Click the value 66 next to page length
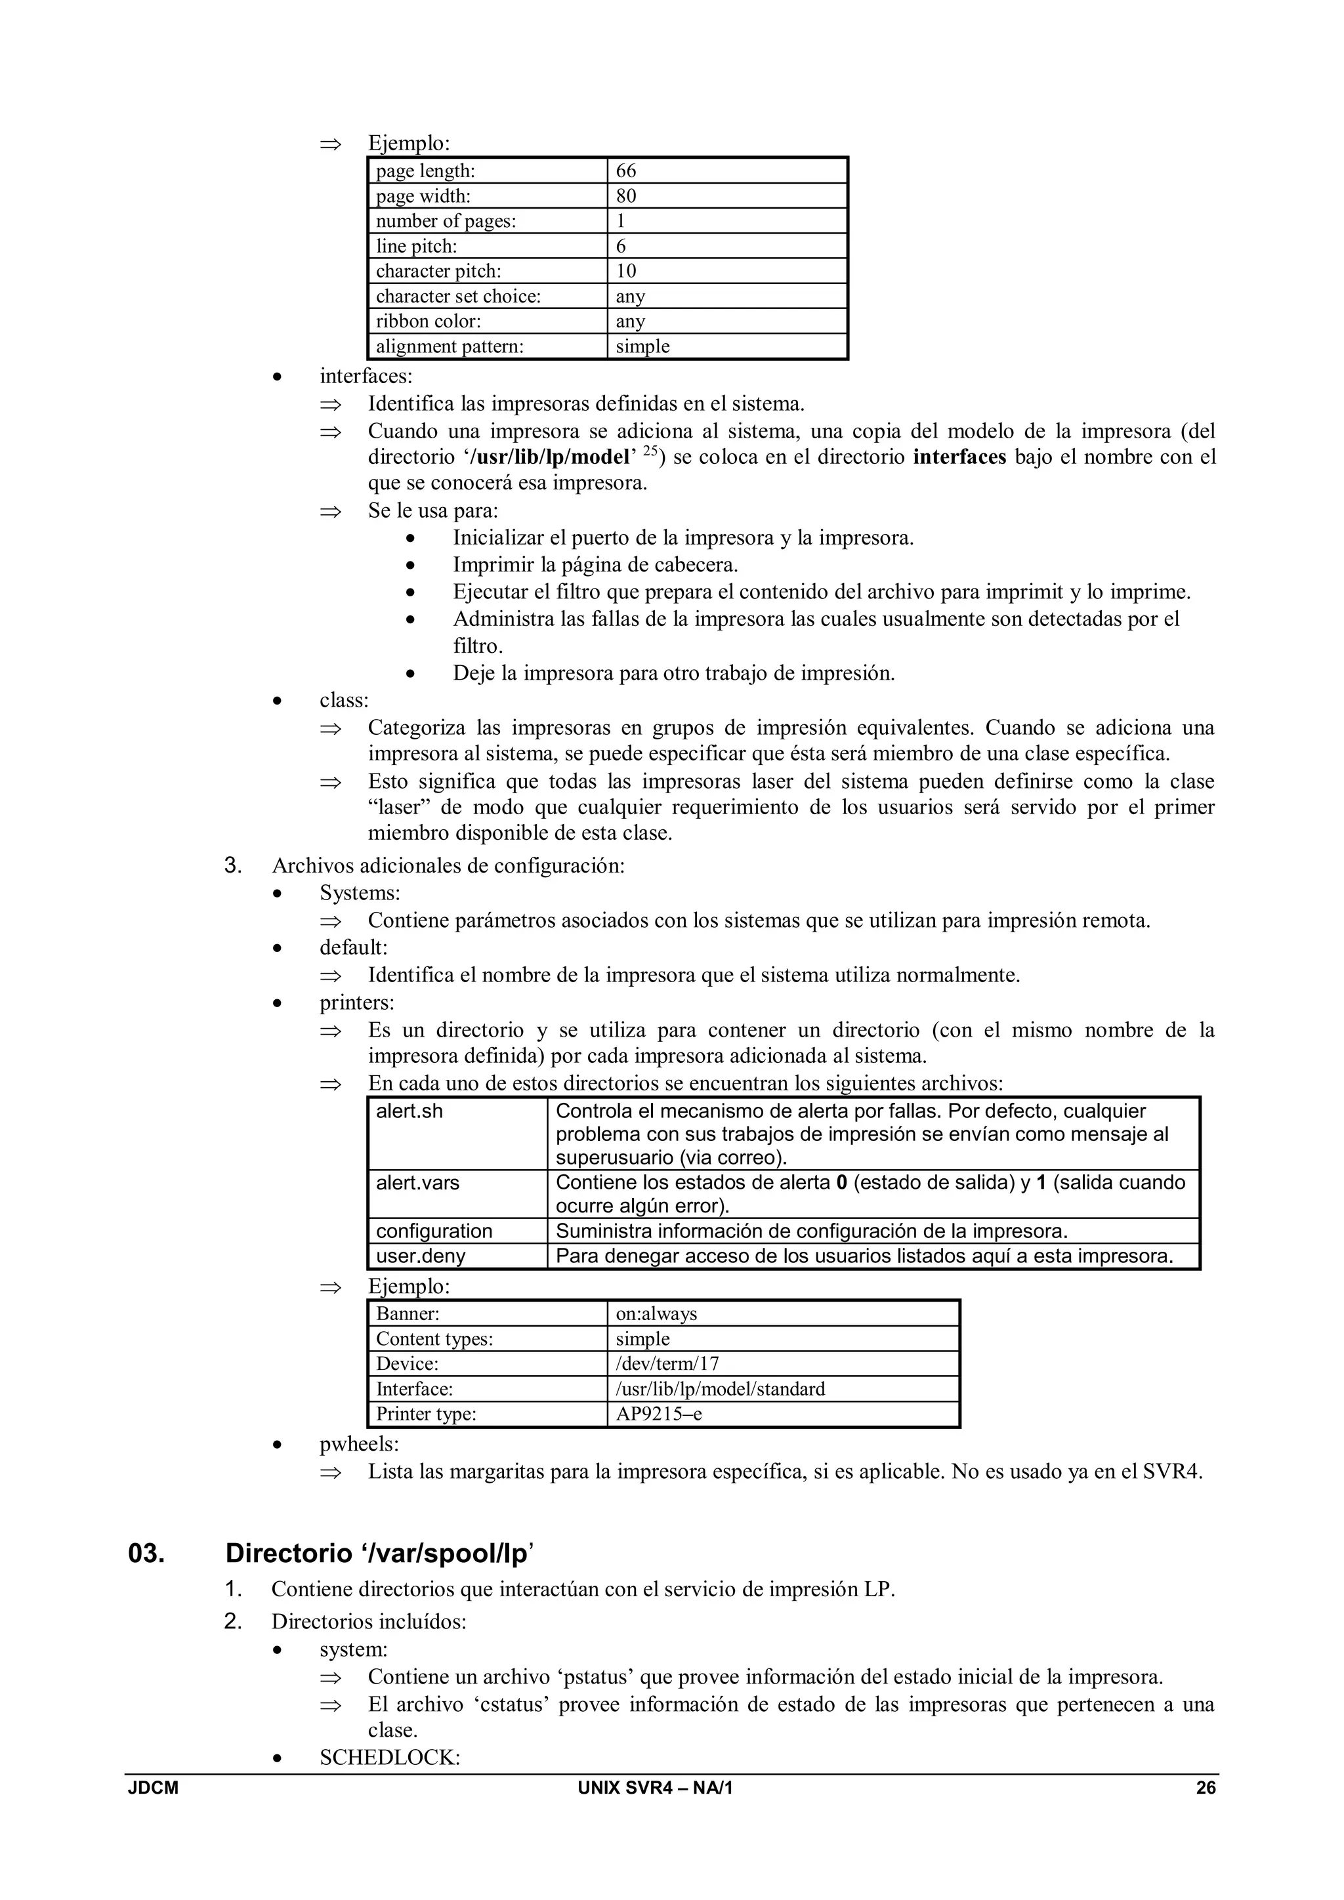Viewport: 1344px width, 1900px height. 627,171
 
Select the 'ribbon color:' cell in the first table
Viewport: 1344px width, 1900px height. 428,321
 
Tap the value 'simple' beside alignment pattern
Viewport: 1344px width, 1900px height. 642,346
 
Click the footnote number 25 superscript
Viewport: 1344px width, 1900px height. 650,451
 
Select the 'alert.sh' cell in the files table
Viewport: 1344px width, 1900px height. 409,1111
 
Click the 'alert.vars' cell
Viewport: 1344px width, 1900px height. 417,1182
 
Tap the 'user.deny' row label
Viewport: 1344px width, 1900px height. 421,1256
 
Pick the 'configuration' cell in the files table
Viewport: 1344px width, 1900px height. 434,1231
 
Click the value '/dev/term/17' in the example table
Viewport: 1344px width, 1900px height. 667,1364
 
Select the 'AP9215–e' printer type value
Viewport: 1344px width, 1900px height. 659,1413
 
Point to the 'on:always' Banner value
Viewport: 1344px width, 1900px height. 656,1314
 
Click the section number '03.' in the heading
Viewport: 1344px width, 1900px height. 146,1554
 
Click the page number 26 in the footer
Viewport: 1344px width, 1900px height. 1206,1788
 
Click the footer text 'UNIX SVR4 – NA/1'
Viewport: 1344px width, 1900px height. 656,1788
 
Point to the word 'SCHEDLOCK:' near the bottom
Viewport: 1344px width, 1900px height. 390,1758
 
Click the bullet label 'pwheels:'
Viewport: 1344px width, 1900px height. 359,1444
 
